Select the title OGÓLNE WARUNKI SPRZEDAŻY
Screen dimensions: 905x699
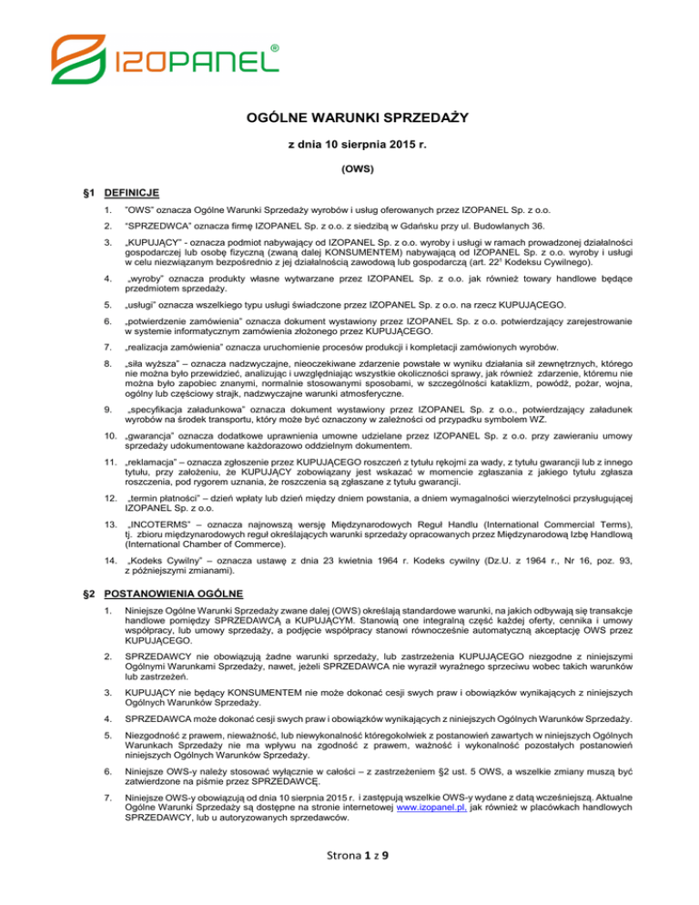pos(349,116)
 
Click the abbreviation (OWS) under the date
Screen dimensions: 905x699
pos(349,168)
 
